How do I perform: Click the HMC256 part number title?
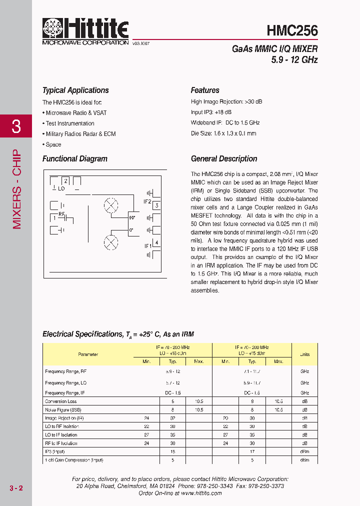[292, 31]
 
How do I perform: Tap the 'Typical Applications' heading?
[75, 90]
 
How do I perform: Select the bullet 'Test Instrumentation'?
[69, 123]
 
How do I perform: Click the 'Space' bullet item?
[53, 144]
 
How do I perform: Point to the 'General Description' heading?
[224, 159]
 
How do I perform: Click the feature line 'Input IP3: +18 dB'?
[211, 112]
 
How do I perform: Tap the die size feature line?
[223, 133]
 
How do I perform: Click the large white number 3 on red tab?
[16, 126]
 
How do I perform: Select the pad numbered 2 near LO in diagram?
[65, 180]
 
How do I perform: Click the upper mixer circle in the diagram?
[110, 205]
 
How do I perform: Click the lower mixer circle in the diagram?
[110, 242]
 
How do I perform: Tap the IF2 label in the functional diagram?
[147, 202]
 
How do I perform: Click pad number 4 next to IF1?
[157, 243]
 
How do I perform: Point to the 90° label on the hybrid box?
[132, 218]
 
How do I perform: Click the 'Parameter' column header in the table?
[88, 354]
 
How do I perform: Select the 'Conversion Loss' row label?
[61, 401]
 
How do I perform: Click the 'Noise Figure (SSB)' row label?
[63, 409]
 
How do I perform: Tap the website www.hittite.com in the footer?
[201, 493]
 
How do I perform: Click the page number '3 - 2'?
[16, 488]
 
